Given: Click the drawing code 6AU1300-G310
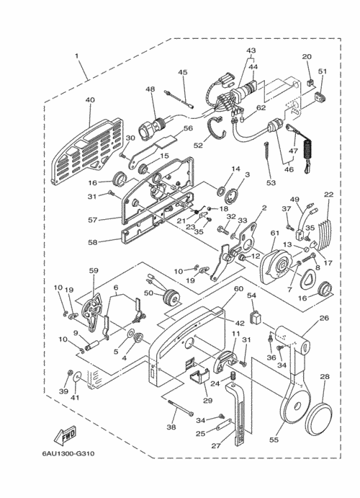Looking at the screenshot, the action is click(x=68, y=453).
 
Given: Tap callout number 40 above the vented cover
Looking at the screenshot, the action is click(x=90, y=99).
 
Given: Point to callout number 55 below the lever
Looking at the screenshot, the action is click(x=274, y=440).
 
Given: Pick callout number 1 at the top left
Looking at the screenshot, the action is click(x=76, y=56).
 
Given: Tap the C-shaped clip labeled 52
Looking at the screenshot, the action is click(x=217, y=128).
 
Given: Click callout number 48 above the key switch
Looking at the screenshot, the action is click(x=150, y=89).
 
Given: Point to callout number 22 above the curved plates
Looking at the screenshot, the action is click(x=329, y=195).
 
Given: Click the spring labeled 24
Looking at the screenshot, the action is click(x=233, y=375).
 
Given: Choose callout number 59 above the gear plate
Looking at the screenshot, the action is click(x=94, y=271).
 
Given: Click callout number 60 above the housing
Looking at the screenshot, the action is click(x=238, y=289).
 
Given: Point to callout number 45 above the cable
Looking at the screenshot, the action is click(x=183, y=72).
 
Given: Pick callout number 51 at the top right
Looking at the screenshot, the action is click(x=323, y=71).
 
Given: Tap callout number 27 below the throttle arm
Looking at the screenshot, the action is click(x=216, y=446).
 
